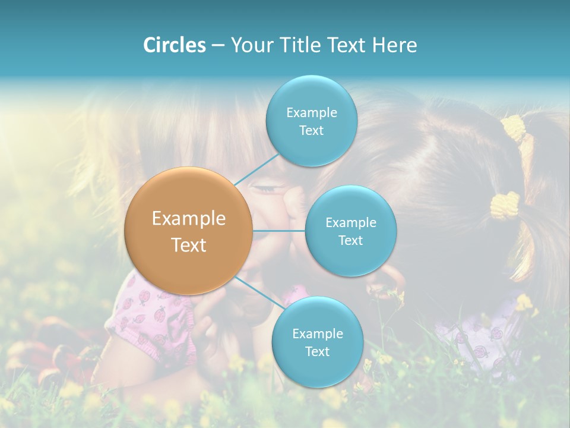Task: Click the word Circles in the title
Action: click(174, 45)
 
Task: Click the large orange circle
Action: click(189, 231)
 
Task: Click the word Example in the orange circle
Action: click(189, 219)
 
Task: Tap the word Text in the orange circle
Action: click(189, 245)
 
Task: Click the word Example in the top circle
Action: click(311, 112)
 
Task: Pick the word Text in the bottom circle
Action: click(317, 351)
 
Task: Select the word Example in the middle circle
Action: click(350, 222)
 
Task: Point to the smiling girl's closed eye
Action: click(271, 189)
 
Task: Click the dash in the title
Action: click(218, 46)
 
